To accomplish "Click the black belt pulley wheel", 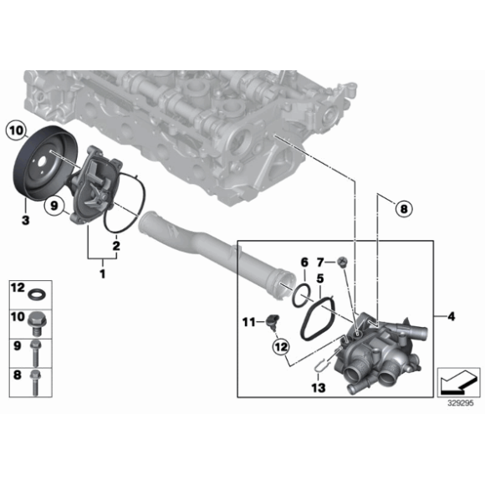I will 42,163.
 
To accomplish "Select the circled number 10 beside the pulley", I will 16,130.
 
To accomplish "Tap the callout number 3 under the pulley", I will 26,218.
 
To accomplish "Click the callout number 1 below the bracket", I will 103,273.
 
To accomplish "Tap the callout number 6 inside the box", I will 304,262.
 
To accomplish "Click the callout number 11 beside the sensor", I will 248,321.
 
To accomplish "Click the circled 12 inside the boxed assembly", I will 279,345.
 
